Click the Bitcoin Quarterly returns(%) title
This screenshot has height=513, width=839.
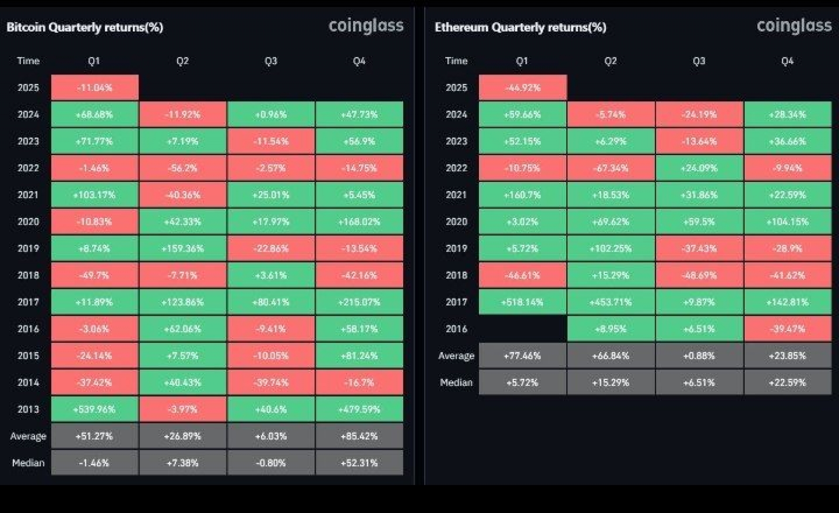tap(85, 28)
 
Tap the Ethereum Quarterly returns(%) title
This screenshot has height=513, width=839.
tap(520, 28)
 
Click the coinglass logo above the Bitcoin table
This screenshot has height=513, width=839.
tap(366, 26)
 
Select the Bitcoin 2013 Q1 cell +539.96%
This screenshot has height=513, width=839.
tap(94, 409)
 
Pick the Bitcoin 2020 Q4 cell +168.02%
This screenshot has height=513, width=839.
tap(359, 222)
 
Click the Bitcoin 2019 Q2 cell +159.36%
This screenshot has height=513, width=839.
tap(183, 248)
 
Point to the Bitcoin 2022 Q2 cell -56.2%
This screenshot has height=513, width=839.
tap(183, 168)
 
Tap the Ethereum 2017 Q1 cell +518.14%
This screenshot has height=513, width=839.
tap(522, 302)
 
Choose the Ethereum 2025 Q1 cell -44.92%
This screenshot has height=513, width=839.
tap(523, 87)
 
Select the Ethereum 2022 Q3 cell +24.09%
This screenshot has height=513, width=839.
tap(699, 168)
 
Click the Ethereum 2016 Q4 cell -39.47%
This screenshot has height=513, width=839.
tap(787, 329)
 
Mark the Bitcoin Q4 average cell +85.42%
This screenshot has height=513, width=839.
tap(359, 436)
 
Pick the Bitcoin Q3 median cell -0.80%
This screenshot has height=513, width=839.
tap(270, 463)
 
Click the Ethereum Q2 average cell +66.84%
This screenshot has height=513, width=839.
tap(610, 356)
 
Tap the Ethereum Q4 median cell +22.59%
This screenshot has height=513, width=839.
tap(787, 383)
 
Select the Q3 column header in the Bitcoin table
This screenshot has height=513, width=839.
tap(270, 61)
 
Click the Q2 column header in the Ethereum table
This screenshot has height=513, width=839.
tap(610, 61)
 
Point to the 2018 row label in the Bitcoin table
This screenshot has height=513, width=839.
tap(28, 275)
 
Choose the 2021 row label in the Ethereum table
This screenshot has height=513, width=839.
tap(456, 195)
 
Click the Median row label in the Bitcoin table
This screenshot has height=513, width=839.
tap(28, 463)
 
